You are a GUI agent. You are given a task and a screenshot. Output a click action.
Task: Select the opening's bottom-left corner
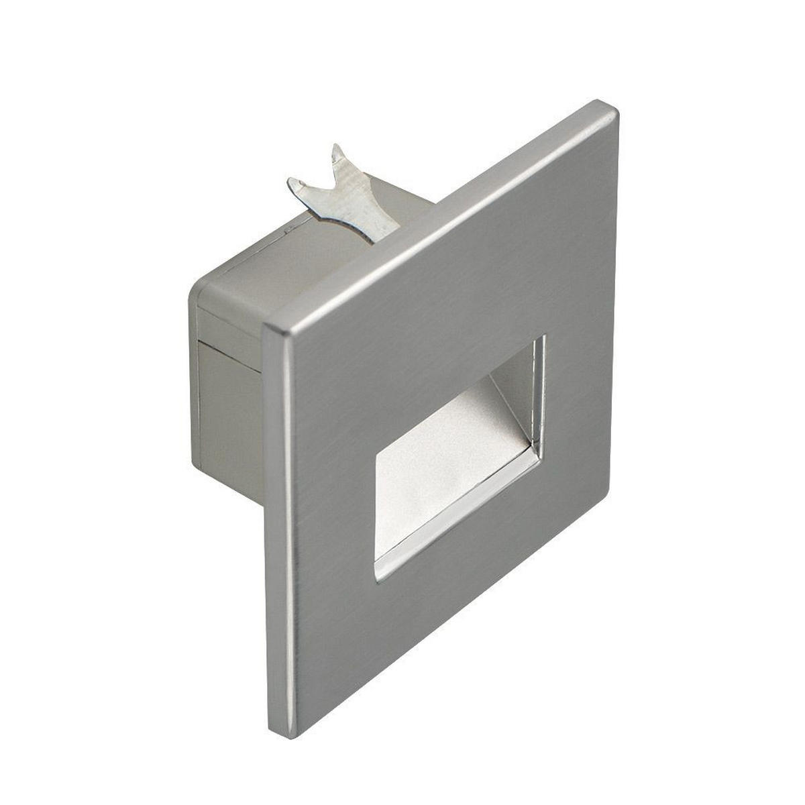377,578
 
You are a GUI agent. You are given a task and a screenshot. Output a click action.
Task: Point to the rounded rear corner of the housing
198,288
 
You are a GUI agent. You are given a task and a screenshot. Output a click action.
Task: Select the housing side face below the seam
228,416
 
